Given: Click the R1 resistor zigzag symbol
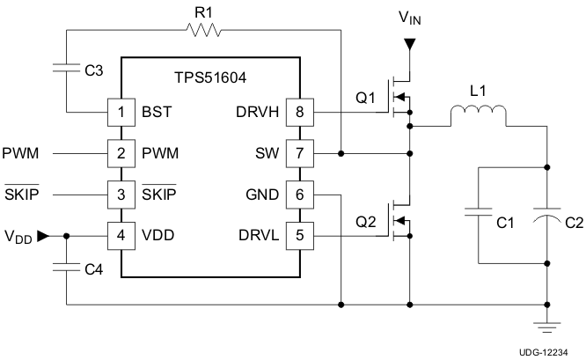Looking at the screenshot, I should click(x=203, y=30).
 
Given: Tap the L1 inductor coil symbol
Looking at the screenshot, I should click(x=479, y=115).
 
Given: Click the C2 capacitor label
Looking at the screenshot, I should click(x=573, y=224).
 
